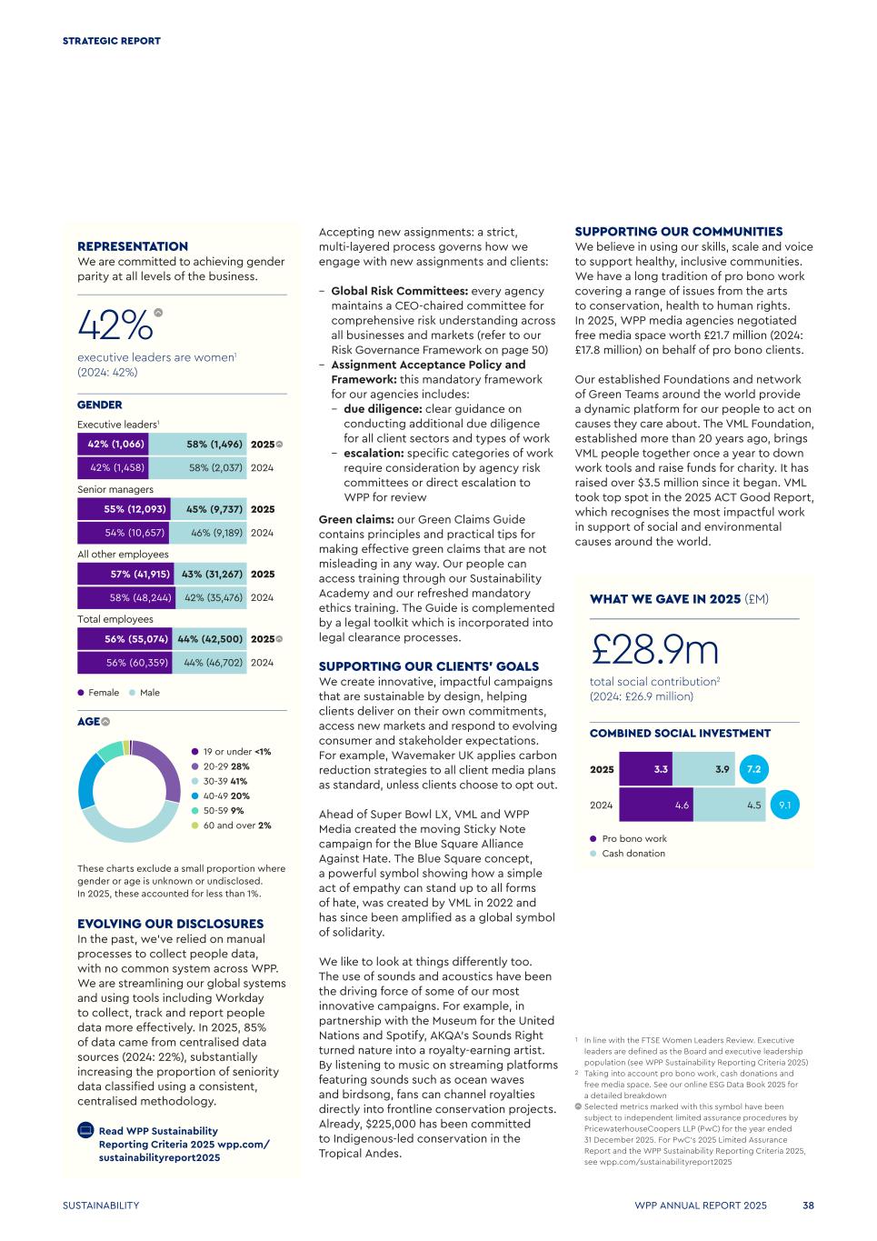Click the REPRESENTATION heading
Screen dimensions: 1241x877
(x=133, y=246)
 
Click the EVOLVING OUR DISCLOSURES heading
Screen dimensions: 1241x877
(x=170, y=924)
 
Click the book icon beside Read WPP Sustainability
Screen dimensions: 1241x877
(x=85, y=1131)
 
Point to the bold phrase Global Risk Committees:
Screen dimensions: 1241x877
(x=399, y=291)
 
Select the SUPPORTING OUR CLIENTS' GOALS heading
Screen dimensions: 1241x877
(x=429, y=666)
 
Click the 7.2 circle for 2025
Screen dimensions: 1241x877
(x=753, y=769)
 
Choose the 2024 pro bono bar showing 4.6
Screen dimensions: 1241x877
(x=655, y=805)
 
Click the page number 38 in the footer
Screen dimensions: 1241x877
(x=808, y=1206)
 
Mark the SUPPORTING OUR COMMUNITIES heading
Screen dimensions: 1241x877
(x=679, y=232)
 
